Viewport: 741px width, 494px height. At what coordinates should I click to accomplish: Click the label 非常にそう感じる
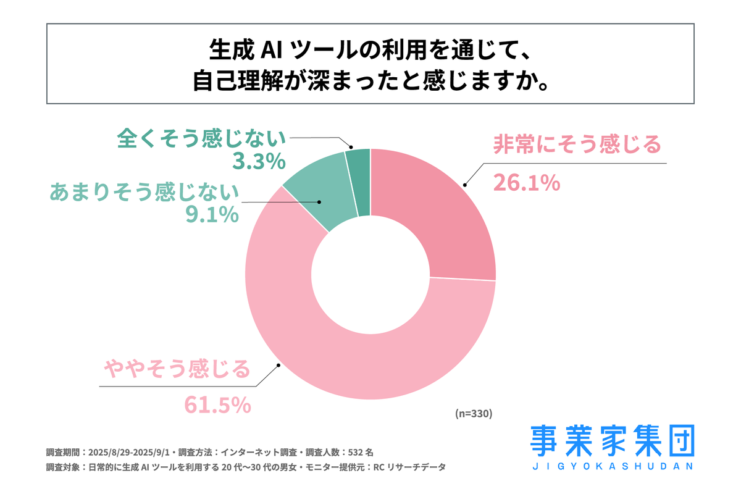click(x=577, y=146)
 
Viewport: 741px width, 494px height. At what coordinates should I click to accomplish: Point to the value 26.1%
click(x=526, y=182)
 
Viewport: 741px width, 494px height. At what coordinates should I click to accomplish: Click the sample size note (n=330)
click(x=473, y=414)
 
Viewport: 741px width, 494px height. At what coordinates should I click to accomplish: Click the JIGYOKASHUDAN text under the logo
click(x=612, y=466)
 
